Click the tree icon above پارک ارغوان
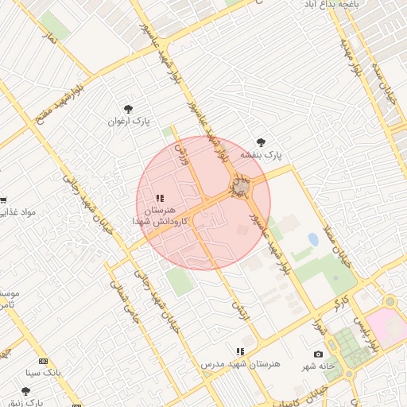[128, 109]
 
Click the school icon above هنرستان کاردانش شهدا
[160, 198]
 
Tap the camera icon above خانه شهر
[319, 354]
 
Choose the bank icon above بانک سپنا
[43, 361]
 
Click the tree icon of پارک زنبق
[25, 391]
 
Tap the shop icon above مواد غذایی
[3, 200]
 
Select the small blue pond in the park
[313, 238]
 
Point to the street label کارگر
[341, 302]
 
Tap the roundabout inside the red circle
[239, 187]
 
